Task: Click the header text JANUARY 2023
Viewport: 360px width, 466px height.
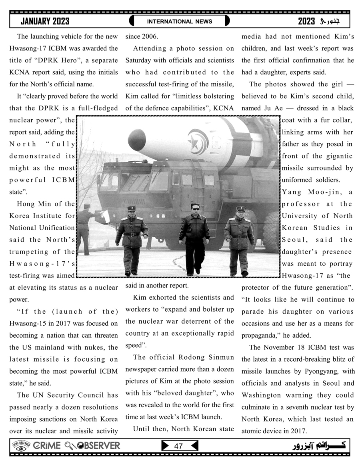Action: pyautogui.click(x=45, y=21)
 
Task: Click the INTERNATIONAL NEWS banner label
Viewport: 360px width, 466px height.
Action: pyautogui.click(x=180, y=21)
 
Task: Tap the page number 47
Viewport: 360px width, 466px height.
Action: pyautogui.click(x=178, y=446)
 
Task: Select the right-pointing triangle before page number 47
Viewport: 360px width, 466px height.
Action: pyautogui.click(x=165, y=446)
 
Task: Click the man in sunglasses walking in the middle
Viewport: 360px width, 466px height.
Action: pyautogui.click(x=194, y=236)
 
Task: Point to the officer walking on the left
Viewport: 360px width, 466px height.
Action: pyautogui.click(x=131, y=239)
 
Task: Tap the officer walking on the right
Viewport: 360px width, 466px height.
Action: pyautogui.click(x=239, y=239)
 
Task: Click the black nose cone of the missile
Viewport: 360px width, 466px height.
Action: pyautogui.click(x=137, y=138)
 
